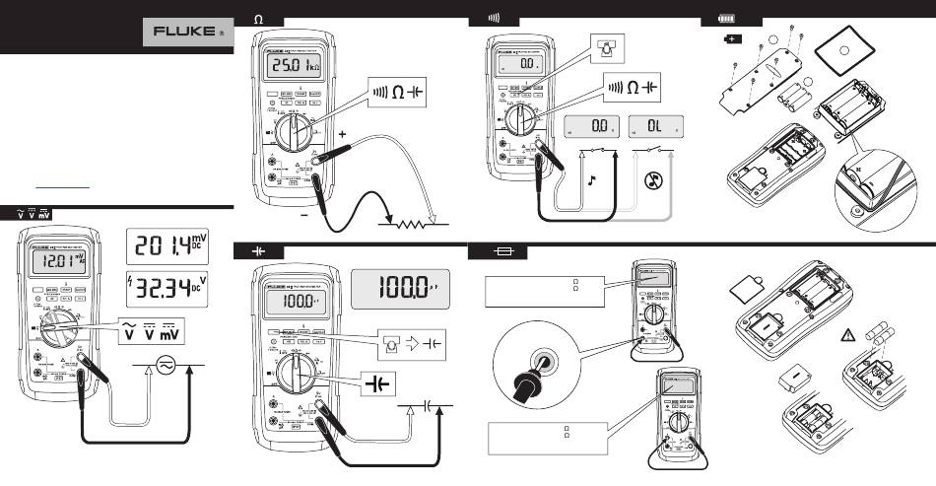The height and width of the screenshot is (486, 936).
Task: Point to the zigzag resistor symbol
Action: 414,225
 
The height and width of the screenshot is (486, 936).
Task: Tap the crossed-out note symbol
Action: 650,181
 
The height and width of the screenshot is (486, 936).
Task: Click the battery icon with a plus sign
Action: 733,39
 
